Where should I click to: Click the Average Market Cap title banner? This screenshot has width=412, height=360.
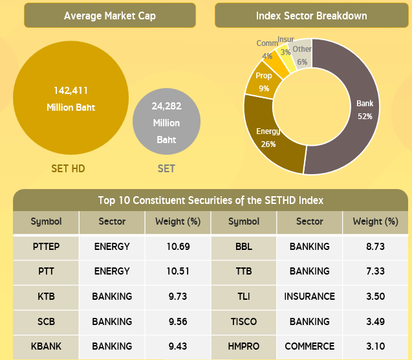click(110, 16)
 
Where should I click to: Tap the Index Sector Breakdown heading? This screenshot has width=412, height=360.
click(311, 16)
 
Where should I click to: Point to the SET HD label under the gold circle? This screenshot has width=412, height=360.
click(68, 169)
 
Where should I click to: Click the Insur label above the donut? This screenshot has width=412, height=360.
click(285, 40)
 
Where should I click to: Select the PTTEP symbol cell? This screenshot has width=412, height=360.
click(46, 246)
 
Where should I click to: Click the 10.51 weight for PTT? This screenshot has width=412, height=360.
click(177, 271)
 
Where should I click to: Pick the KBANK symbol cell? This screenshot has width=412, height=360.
click(46, 346)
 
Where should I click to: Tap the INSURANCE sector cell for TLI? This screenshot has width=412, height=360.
click(309, 296)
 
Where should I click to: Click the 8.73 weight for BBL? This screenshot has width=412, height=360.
click(374, 246)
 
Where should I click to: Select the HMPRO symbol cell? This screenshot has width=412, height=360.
click(243, 346)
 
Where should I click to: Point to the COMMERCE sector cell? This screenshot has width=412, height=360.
click(309, 346)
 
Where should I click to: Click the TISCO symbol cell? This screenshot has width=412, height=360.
click(243, 321)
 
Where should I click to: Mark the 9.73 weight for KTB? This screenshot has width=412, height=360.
click(177, 296)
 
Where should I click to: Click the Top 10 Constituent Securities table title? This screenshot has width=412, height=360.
click(210, 200)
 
